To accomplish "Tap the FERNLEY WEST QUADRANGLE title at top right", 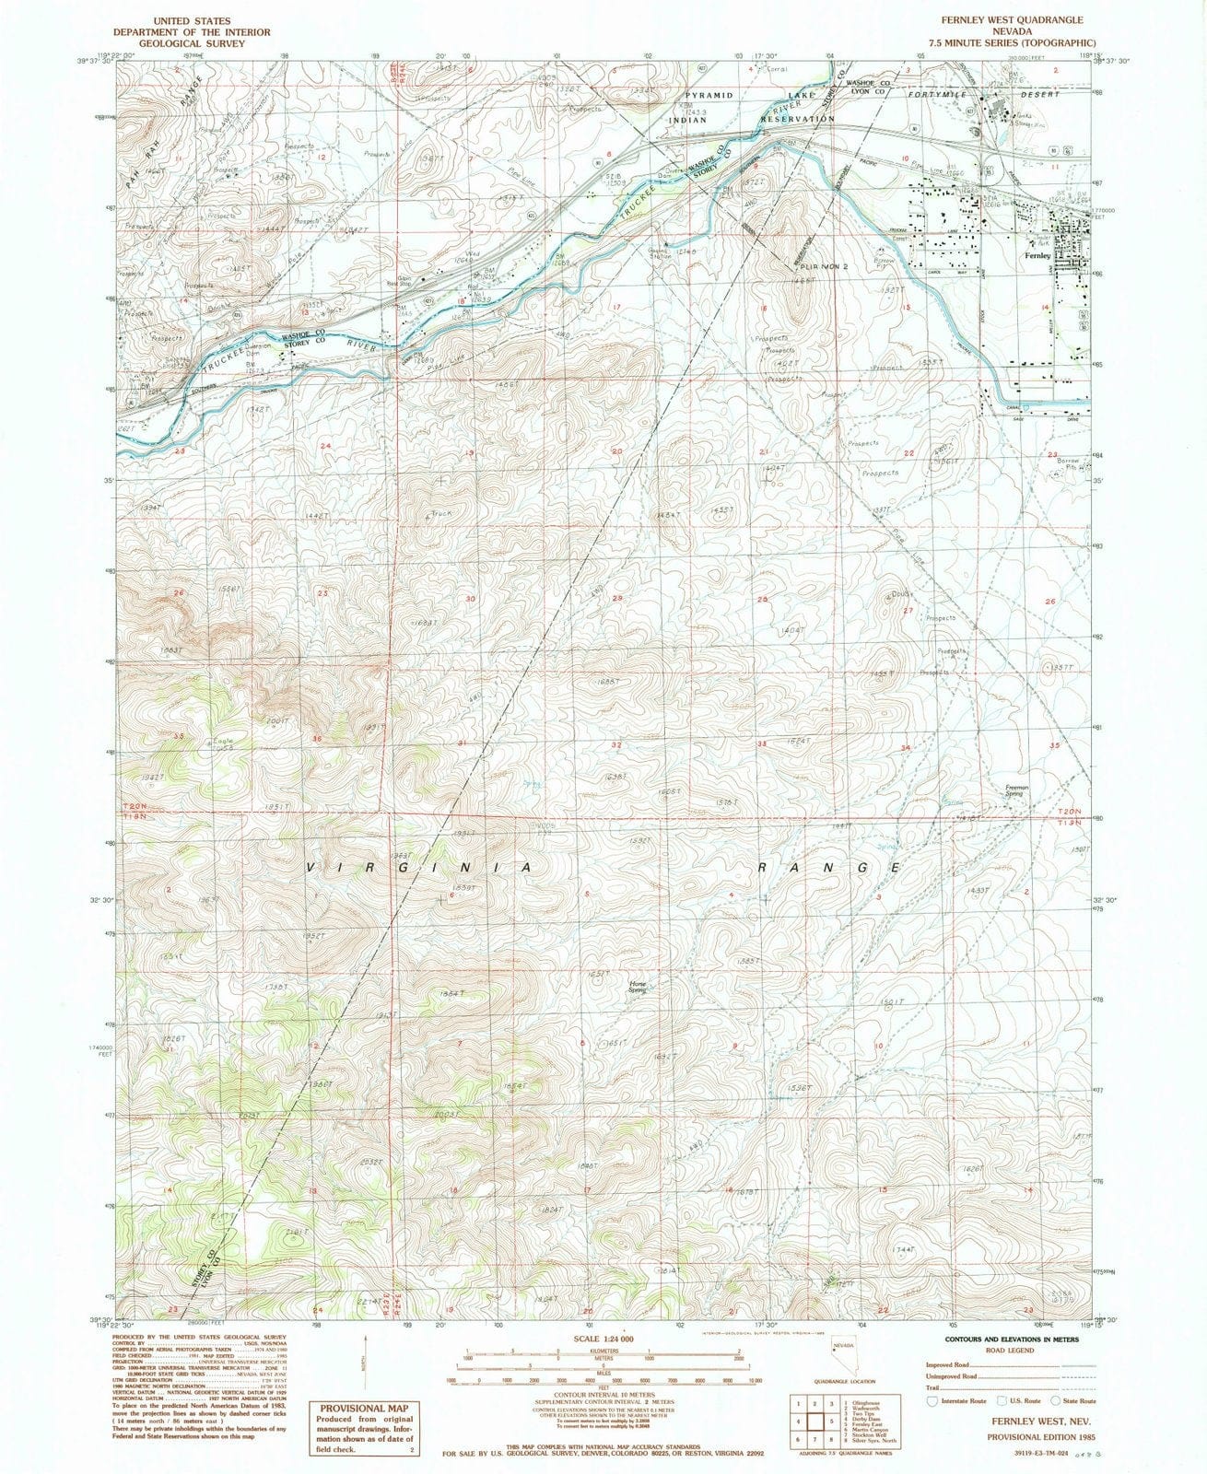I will tap(1012, 19).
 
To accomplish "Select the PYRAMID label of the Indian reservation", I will tap(709, 95).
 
